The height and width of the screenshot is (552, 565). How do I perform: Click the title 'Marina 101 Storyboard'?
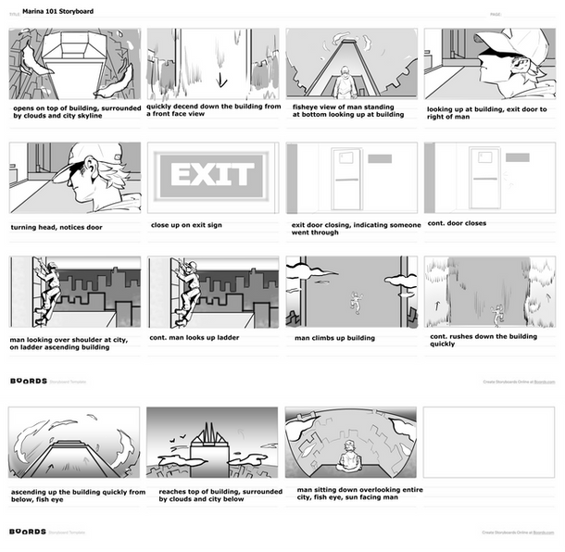coord(57,12)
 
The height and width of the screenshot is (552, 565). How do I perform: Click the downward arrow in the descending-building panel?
coord(221,80)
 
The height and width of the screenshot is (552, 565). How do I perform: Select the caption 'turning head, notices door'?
coord(56,227)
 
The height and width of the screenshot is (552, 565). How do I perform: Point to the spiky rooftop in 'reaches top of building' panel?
coord(210,433)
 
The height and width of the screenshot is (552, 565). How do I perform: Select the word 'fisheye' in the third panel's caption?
coord(307,107)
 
